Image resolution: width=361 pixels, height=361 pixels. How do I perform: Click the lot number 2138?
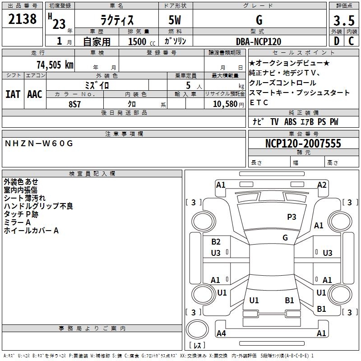[22, 20]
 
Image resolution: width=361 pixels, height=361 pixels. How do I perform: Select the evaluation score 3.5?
[343, 20]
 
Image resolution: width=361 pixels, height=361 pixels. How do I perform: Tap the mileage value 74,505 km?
[53, 65]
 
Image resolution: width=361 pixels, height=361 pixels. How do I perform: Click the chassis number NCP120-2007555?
[303, 143]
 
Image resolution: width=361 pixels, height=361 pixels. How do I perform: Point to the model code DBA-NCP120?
[259, 42]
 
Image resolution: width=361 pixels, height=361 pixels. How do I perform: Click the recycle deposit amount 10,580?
[221, 103]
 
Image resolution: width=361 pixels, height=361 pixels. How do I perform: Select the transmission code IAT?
[13, 94]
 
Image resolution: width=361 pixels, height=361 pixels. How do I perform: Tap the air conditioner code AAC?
[35, 94]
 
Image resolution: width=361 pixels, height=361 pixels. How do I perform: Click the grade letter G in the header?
[259, 20]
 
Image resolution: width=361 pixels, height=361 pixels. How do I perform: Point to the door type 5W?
[176, 20]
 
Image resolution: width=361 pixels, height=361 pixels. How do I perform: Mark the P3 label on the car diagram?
[292, 217]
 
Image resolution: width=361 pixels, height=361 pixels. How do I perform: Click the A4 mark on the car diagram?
[221, 333]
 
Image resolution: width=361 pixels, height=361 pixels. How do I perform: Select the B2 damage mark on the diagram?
[216, 242]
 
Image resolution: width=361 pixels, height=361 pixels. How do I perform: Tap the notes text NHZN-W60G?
[38, 143]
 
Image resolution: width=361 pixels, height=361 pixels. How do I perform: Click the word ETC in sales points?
[259, 102]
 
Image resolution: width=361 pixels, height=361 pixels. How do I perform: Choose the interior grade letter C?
[351, 41]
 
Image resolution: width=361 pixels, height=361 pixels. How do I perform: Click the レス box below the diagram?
[197, 345]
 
